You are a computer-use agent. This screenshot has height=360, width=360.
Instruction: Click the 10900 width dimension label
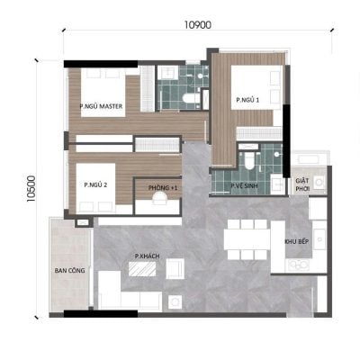click(198, 25)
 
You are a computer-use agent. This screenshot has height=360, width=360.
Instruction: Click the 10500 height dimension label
click(31, 189)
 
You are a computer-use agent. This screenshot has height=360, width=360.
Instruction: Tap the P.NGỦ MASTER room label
click(101, 106)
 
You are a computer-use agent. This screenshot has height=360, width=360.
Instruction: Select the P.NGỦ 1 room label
click(247, 100)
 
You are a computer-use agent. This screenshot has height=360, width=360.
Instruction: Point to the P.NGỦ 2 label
click(95, 185)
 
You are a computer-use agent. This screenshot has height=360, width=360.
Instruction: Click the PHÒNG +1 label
click(163, 188)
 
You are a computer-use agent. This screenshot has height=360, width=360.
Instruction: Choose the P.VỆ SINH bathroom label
click(244, 186)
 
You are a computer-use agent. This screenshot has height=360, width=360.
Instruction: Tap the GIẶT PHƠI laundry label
click(302, 184)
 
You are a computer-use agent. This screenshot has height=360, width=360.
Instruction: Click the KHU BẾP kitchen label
click(296, 241)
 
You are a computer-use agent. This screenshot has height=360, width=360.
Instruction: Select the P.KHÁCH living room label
click(147, 256)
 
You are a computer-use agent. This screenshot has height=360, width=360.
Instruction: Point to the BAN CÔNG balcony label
click(69, 271)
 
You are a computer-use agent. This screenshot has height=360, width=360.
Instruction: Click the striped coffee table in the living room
click(142, 269)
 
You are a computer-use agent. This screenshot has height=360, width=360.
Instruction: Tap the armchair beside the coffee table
click(175, 268)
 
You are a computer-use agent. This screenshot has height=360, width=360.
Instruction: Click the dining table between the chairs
click(247, 239)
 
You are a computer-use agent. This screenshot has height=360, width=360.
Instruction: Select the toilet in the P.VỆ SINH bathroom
click(249, 160)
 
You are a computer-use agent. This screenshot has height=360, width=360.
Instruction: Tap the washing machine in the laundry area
click(319, 182)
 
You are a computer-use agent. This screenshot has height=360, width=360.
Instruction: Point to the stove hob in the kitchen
click(299, 265)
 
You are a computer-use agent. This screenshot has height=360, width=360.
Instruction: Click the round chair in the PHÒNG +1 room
click(159, 198)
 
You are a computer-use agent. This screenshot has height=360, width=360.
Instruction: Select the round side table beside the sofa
click(175, 301)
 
